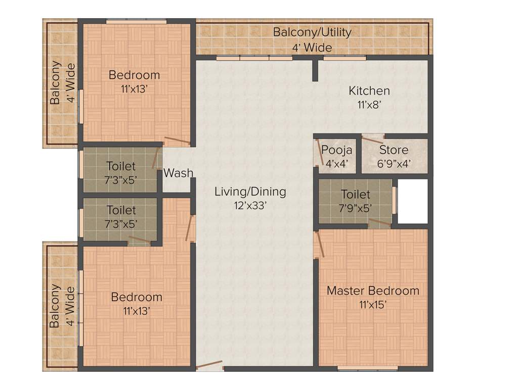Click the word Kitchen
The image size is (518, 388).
(x=369, y=91)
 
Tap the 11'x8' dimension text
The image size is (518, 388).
(x=369, y=105)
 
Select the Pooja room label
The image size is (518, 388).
(x=336, y=150)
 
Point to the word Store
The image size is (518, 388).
(x=394, y=150)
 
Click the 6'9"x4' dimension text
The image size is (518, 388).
(x=394, y=164)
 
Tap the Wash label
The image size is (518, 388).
(x=178, y=173)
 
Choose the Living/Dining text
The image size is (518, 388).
(x=250, y=192)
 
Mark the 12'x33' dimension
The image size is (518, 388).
(x=250, y=206)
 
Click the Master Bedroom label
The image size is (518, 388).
(x=373, y=290)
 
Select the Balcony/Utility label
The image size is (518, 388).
(x=312, y=32)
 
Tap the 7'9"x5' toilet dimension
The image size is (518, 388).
(x=355, y=208)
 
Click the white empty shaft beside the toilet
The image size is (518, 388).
(x=412, y=201)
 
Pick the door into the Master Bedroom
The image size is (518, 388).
(x=319, y=245)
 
